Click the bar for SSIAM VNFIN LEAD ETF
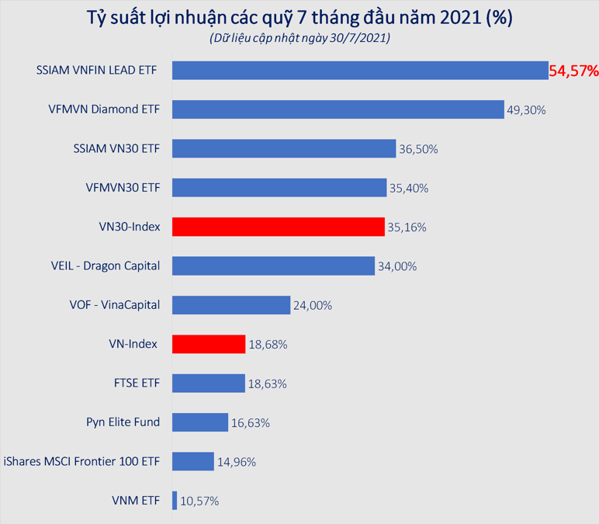[x=360, y=70]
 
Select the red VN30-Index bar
[x=278, y=227]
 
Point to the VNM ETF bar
[x=175, y=501]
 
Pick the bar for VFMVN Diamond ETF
[x=338, y=109]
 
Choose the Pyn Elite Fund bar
[x=200, y=422]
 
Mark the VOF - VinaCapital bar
[x=230, y=305]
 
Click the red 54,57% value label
[x=573, y=71]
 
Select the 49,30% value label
[x=526, y=110]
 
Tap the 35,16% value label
[x=407, y=227]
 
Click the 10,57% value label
[x=199, y=501]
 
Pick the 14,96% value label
[x=236, y=462]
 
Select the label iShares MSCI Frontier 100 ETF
[x=81, y=461]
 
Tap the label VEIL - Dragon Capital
[x=100, y=265]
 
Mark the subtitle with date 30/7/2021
[x=299, y=38]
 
